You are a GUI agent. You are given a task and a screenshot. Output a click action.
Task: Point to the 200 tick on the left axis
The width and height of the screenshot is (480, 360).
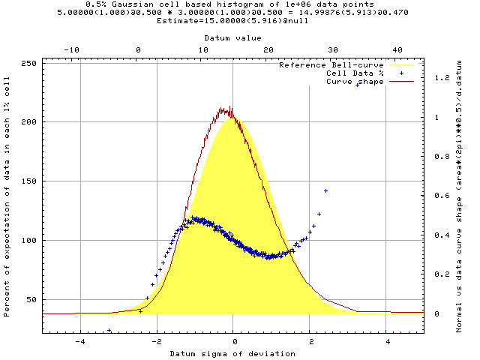tap(32, 121)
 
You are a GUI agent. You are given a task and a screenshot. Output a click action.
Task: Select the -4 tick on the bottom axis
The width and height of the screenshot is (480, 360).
tap(79, 340)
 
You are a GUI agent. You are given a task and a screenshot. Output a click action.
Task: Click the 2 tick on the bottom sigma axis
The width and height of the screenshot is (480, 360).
tap(310, 340)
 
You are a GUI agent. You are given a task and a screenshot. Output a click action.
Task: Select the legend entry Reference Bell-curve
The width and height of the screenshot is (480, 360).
tap(330, 65)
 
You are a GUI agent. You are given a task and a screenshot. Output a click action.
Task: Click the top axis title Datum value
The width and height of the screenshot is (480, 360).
tap(233, 37)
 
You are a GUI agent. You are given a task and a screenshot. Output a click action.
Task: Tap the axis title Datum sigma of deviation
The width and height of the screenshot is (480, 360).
tap(233, 352)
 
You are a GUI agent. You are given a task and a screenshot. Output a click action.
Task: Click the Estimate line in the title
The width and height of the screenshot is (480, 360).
tap(233, 20)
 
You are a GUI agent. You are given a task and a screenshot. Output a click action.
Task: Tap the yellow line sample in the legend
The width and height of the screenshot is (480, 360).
tap(401, 65)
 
